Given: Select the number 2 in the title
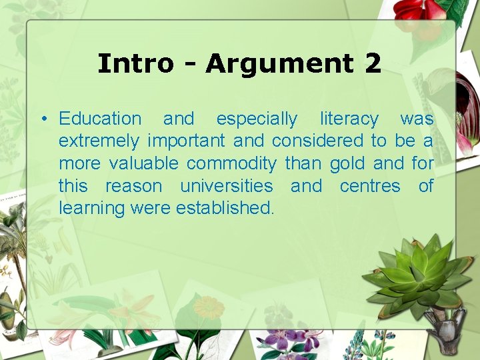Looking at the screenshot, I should [373, 64].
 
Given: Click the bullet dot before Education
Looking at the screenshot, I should [42, 120].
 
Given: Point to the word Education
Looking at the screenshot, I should [100, 119].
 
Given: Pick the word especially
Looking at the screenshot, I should [257, 119].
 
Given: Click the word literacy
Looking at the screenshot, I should [349, 119].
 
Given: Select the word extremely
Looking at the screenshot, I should [99, 141].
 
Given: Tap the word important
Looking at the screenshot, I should [187, 141].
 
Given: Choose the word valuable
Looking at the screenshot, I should [145, 163].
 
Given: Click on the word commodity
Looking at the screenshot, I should [231, 164].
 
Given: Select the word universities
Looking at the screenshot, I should [227, 186].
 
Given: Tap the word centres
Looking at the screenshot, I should [370, 186].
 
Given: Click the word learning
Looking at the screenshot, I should [92, 209].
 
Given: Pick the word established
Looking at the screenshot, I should [225, 208].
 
